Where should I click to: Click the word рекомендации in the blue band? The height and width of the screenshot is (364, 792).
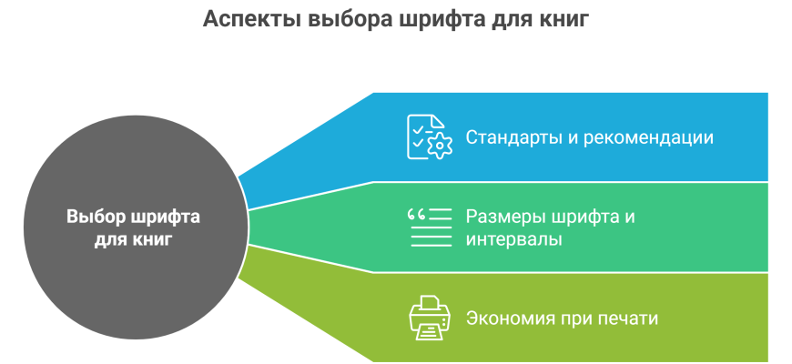[x=649, y=137]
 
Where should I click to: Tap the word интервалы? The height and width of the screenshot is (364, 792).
[x=514, y=239]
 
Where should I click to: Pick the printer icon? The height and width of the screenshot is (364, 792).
[x=430, y=318]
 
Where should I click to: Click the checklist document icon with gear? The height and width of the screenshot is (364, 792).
[x=430, y=136]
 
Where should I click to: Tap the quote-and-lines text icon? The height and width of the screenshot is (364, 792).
[x=430, y=227]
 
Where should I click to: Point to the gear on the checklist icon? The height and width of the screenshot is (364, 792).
[x=440, y=146]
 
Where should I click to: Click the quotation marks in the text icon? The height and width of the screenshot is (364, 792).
[x=417, y=215]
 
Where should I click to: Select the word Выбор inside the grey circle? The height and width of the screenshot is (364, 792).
[x=96, y=217]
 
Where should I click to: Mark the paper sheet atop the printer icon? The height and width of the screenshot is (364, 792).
[x=430, y=303]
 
